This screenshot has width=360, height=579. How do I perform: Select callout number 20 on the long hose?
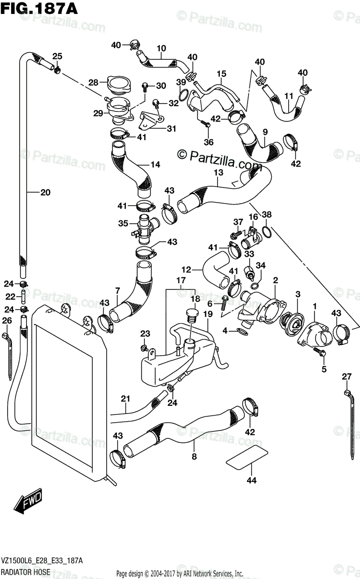(45, 193)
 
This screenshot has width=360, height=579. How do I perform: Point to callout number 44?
(252, 480)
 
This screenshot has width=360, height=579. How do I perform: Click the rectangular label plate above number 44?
(247, 456)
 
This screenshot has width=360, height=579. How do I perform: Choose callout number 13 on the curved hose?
(218, 172)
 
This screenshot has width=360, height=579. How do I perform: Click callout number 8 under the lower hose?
(194, 456)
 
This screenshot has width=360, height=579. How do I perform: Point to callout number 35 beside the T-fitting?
(124, 223)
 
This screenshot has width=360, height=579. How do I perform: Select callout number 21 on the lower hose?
(125, 399)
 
